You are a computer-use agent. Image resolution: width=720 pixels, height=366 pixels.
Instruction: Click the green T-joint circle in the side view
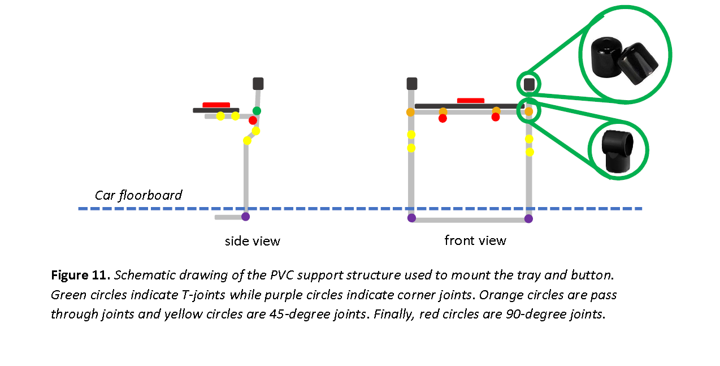point(257,110)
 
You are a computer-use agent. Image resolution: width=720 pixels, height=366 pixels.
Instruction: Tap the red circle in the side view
point(253,120)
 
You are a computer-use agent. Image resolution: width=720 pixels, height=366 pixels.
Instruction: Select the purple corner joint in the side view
point(245,216)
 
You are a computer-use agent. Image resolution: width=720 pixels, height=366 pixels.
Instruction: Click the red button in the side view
point(216,105)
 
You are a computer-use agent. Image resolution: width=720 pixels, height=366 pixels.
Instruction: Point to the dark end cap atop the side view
point(258,84)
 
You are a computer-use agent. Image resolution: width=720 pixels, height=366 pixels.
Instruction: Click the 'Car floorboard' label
point(138,196)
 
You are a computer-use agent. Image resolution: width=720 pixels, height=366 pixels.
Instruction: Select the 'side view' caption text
point(252,241)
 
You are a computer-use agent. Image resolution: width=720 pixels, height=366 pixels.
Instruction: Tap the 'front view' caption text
point(475,240)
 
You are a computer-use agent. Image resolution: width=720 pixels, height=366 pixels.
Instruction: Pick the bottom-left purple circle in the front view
point(411,218)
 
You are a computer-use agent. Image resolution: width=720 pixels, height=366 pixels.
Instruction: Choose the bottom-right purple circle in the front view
point(528,218)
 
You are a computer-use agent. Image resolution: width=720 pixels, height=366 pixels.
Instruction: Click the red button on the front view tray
point(470,101)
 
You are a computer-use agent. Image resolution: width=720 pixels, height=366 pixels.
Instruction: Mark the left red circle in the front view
point(443,118)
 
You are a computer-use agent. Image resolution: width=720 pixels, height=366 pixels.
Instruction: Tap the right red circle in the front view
point(496,117)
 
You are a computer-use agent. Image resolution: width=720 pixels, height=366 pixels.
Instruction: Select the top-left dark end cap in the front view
point(412,84)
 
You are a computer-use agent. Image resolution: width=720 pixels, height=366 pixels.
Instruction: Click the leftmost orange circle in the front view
point(410,112)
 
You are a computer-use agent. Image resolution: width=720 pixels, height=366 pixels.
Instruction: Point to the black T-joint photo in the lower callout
point(617,150)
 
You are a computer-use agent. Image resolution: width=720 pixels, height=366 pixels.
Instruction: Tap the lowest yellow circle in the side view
point(247,140)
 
